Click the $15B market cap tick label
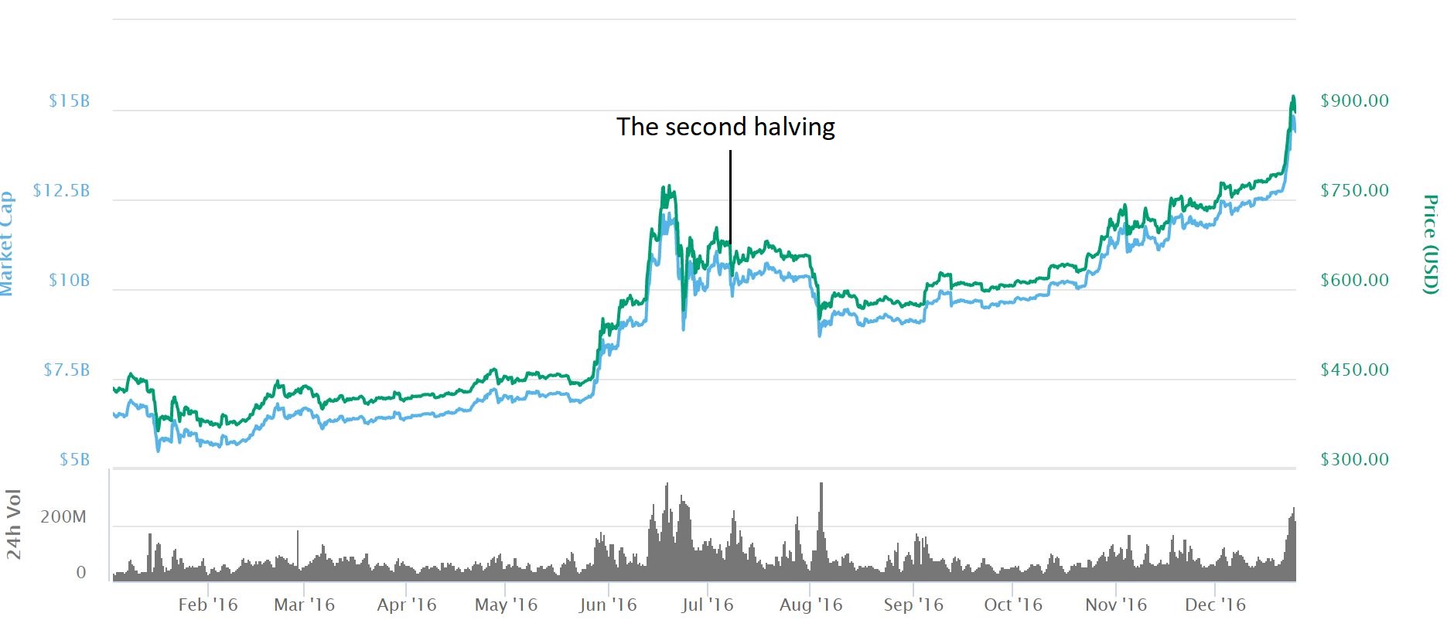click(x=69, y=101)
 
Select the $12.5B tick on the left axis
click(x=61, y=191)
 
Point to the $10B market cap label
click(x=69, y=281)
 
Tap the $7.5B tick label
click(x=67, y=370)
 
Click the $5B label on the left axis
click(x=74, y=460)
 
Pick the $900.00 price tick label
click(x=1354, y=101)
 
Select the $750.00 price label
click(x=1354, y=191)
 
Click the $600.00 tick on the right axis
click(x=1354, y=281)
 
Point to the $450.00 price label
click(x=1354, y=370)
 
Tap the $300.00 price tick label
click(x=1354, y=460)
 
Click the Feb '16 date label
click(x=207, y=605)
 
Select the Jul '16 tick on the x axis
click(x=707, y=605)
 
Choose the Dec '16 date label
click(x=1215, y=605)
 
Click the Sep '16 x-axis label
click(x=913, y=605)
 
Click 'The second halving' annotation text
click(x=725, y=127)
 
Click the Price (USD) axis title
click(x=1431, y=244)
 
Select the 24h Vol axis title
click(x=14, y=524)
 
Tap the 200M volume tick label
click(x=63, y=517)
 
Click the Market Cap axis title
click(x=6, y=244)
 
